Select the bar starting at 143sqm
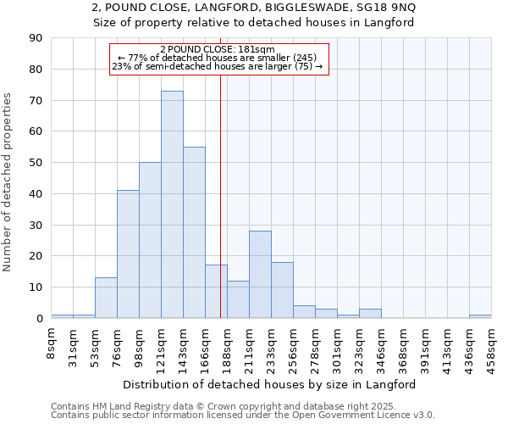coord(194,232)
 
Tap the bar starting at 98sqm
coord(150,240)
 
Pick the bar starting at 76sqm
coord(128,254)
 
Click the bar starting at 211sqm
coord(260,275)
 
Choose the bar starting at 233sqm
coord(282,290)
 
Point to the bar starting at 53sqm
coord(106,298)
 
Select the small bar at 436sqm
coord(480,316)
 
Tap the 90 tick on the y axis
coord(36,38)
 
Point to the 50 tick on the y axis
coord(36,163)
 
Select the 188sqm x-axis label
coord(227,344)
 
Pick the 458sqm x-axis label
coord(491,344)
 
